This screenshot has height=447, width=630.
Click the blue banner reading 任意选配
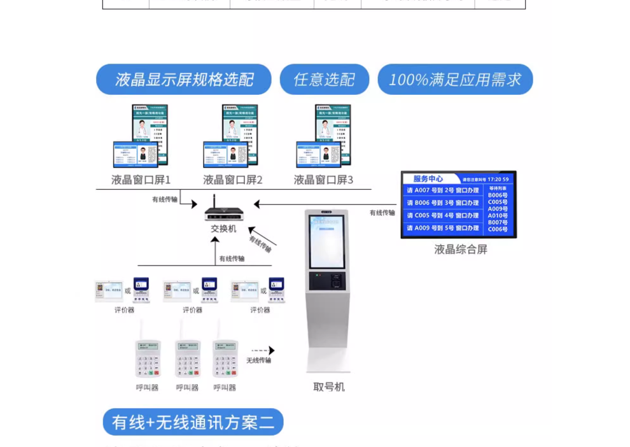(x=325, y=80)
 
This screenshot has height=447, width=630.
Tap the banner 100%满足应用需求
(x=455, y=80)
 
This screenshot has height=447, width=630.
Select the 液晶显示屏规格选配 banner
(x=184, y=80)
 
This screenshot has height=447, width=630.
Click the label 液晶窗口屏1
(x=141, y=180)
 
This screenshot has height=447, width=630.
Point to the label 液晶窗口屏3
(x=323, y=180)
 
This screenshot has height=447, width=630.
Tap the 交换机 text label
(x=223, y=229)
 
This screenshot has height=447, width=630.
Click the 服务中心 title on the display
(x=428, y=179)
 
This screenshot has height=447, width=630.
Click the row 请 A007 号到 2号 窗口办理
(x=443, y=190)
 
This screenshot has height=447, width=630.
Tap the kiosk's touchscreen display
(x=326, y=241)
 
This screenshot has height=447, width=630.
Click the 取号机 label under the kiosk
(x=329, y=387)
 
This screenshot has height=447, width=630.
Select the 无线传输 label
(x=258, y=360)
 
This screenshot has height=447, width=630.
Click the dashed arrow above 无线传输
(x=262, y=350)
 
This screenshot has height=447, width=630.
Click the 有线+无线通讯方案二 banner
(x=193, y=422)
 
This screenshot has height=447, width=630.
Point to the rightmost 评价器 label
(x=260, y=310)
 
